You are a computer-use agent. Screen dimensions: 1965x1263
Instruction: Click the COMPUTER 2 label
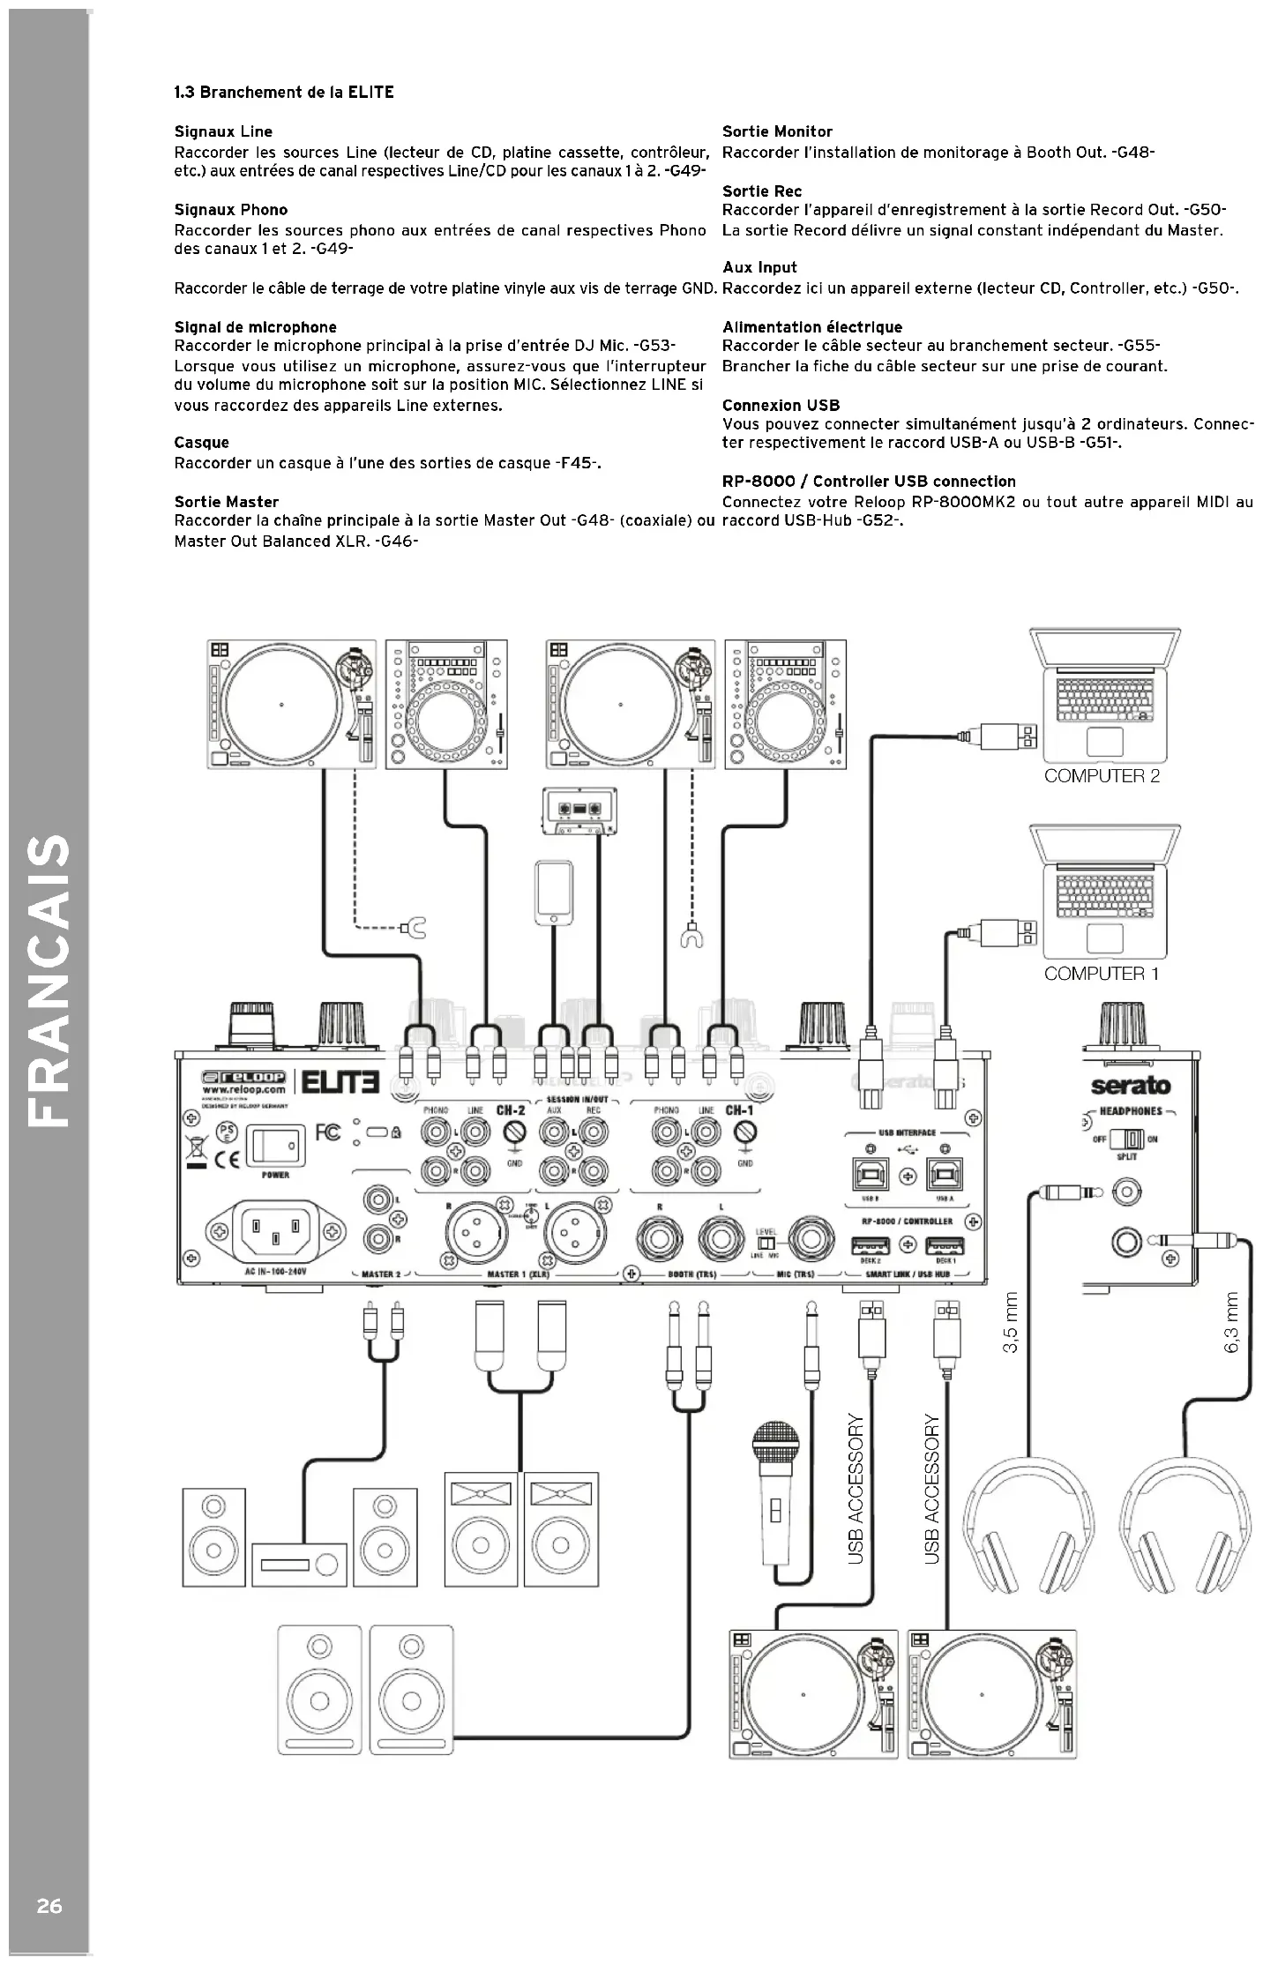click(1102, 776)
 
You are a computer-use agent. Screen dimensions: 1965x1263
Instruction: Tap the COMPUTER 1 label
click(1101, 974)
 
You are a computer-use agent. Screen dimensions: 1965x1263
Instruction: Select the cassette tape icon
click(578, 809)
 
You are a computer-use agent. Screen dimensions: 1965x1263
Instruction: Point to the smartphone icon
click(553, 893)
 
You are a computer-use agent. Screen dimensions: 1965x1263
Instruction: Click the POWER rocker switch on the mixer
click(275, 1146)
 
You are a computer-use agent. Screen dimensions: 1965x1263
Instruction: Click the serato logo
click(1130, 1085)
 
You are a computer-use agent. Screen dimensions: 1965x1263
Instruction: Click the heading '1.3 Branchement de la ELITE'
click(284, 93)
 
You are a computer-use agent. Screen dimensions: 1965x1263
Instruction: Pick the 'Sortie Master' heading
click(227, 502)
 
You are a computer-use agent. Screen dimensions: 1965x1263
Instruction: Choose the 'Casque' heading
click(201, 443)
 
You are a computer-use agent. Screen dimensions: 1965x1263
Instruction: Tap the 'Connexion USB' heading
click(781, 406)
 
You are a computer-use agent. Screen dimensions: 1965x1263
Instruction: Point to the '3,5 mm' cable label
click(1011, 1322)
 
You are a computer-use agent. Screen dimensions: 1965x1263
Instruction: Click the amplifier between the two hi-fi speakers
click(297, 1565)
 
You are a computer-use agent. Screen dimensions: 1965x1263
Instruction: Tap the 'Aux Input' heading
click(759, 267)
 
